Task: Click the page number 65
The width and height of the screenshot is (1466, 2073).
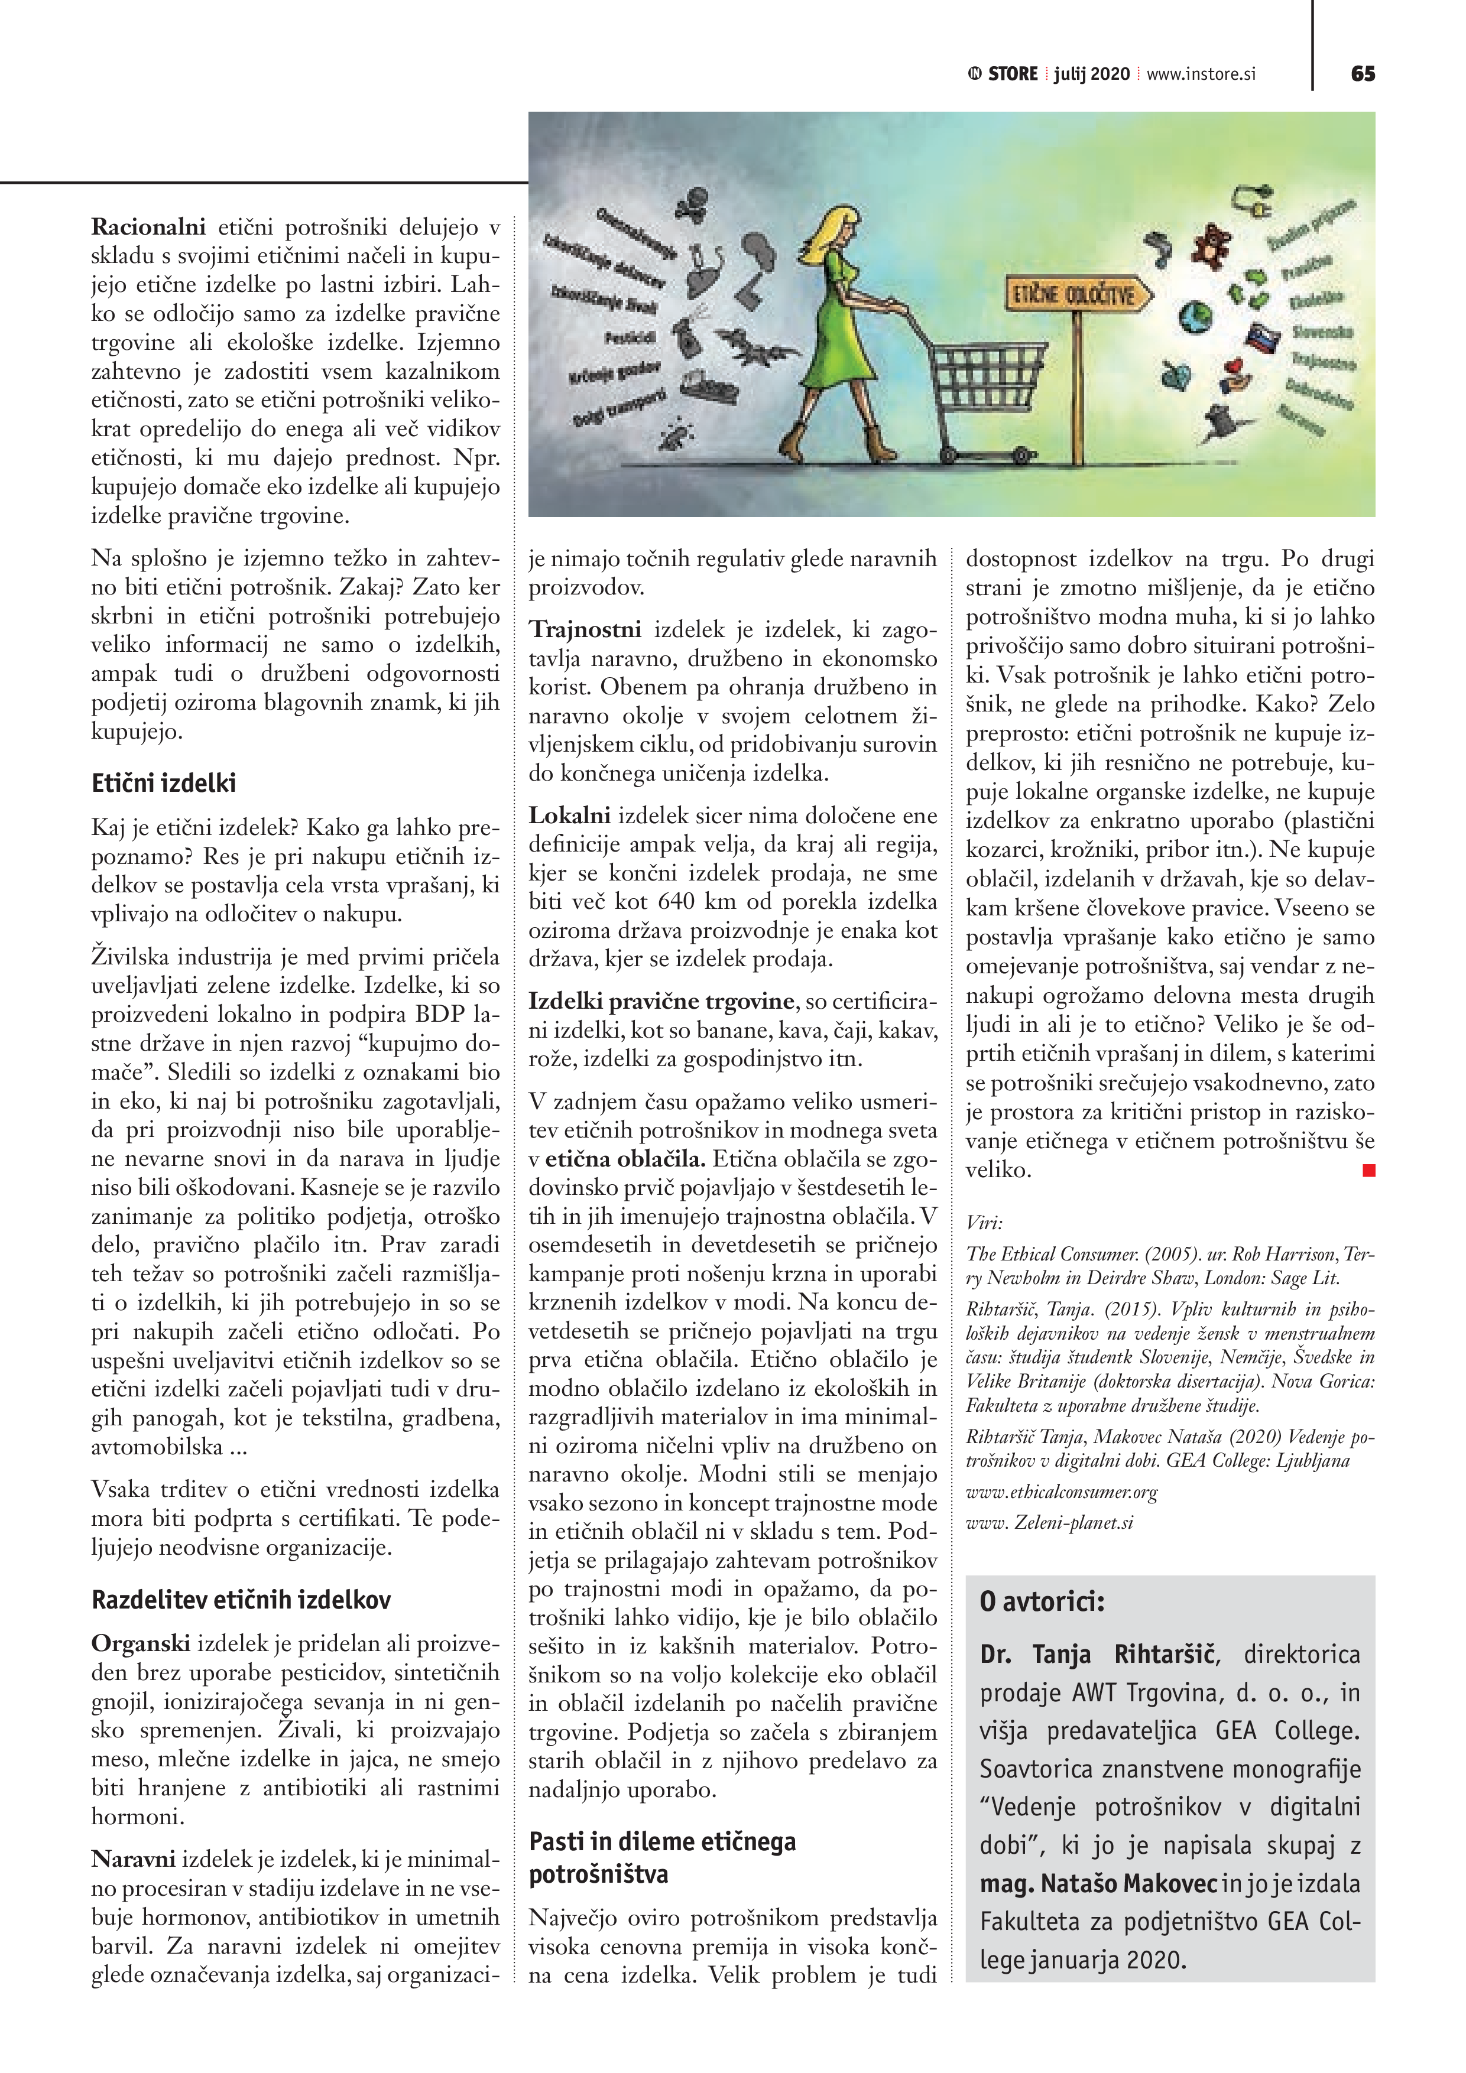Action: [1362, 74]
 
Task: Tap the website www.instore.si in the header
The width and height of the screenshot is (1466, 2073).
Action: [1201, 74]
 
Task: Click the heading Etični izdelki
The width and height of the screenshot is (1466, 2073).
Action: [164, 783]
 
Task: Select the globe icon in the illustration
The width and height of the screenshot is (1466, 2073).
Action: [1198, 317]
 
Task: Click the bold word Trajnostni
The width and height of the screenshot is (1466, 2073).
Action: [585, 629]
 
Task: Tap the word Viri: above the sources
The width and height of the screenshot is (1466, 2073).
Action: [984, 1223]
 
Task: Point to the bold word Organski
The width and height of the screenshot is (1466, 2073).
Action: [140, 1643]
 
